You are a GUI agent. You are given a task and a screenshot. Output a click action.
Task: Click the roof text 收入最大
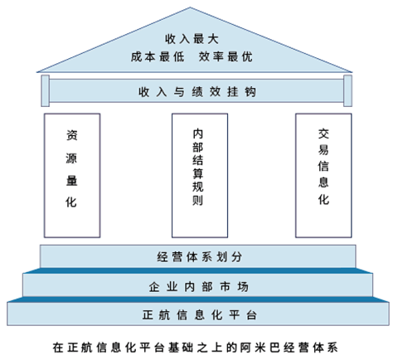(x=192, y=39)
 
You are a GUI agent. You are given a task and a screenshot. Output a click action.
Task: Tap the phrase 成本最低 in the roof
(x=158, y=57)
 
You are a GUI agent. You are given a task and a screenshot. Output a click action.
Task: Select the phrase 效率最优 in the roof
(x=226, y=57)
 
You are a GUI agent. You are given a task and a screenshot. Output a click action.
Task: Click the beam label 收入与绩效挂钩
(x=197, y=92)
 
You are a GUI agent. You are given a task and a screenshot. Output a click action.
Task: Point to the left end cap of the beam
(x=46, y=90)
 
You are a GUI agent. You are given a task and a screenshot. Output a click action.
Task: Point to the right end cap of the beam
(x=347, y=90)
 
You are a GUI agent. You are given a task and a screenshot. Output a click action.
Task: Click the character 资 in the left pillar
(x=72, y=135)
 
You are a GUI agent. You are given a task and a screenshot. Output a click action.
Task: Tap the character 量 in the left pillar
(x=72, y=181)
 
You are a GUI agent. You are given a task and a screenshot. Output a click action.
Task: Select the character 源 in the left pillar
(x=71, y=158)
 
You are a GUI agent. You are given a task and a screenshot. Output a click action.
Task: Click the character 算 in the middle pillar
(x=198, y=173)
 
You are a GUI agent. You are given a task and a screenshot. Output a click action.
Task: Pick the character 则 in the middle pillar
(x=198, y=200)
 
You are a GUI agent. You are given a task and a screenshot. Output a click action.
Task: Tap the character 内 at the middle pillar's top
(x=198, y=134)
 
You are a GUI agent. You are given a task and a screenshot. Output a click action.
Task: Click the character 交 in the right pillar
(x=323, y=134)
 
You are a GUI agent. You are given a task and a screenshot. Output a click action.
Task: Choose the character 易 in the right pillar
(x=323, y=150)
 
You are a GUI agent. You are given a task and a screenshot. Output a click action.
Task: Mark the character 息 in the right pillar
(x=323, y=182)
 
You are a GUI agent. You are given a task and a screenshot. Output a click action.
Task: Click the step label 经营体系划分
(x=200, y=257)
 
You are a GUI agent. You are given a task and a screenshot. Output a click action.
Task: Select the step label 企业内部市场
(x=198, y=287)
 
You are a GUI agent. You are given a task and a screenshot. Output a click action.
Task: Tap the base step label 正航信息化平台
(x=200, y=314)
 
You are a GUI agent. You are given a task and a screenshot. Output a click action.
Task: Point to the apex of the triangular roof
(x=190, y=7)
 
